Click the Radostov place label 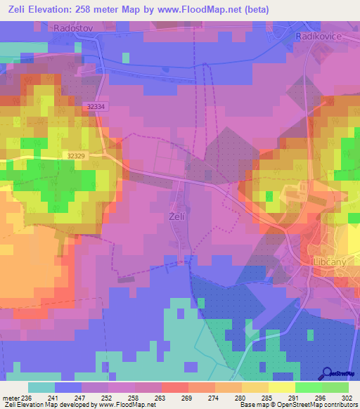coord(74,27)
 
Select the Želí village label coord(177,217)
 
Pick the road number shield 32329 coord(79,155)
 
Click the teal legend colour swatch coord(41,387)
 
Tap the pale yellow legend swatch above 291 coord(282,387)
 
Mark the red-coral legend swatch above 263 coord(175,387)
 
